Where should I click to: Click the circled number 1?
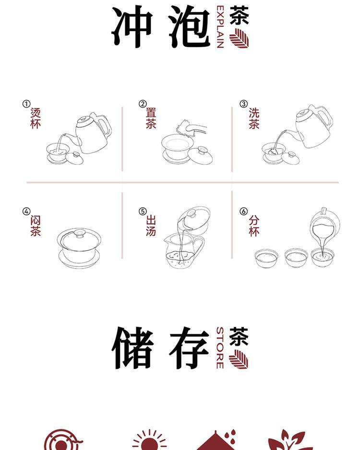coord(26,104)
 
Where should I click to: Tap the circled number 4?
coord(26,212)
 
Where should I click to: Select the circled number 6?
coord(243,212)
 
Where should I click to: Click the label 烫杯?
coord(36,118)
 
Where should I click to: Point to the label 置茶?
coord(151,118)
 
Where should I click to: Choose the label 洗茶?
coord(254,118)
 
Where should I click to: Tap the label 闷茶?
coord(36,226)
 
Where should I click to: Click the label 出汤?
coord(151,226)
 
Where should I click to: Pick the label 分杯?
coord(254,226)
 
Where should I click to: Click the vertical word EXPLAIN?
coord(220,27)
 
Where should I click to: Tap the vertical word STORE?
coord(220,347)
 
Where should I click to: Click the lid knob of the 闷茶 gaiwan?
coord(79,233)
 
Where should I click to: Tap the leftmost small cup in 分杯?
coord(266,258)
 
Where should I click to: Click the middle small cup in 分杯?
coord(296,258)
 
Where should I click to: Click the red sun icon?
coord(149,440)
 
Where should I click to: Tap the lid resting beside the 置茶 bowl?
coord(200,155)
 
